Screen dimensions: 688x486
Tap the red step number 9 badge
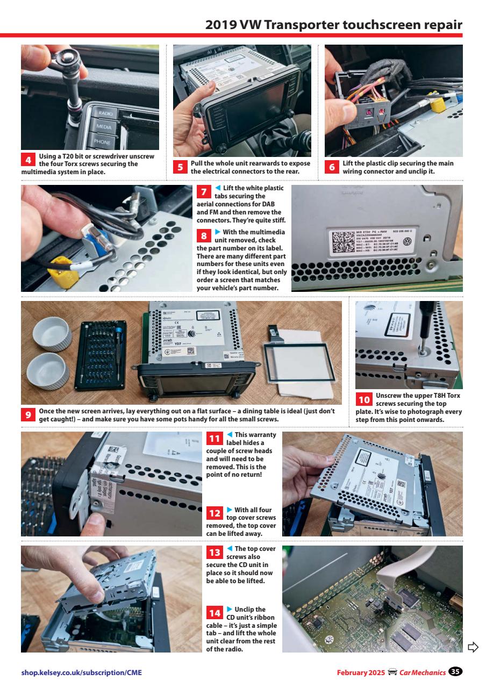(x=28, y=415)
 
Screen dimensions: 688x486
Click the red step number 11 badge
(x=214, y=439)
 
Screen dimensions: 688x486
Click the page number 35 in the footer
(x=456, y=672)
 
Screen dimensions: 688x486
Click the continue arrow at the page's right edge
(x=473, y=646)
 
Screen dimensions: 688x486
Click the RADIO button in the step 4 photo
(x=104, y=113)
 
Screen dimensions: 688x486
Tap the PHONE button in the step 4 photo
(x=102, y=142)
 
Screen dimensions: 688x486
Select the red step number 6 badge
(x=332, y=167)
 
